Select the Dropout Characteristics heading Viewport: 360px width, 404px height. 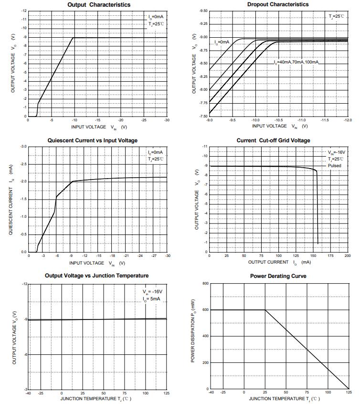tap(278, 5)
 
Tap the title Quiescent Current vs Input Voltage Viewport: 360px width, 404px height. tap(93, 140)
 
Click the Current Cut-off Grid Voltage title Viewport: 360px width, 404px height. tap(273, 140)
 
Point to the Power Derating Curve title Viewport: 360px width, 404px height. tap(278, 276)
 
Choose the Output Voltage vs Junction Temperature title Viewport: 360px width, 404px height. tap(96, 276)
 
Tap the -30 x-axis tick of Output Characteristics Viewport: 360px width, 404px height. tap(167, 120)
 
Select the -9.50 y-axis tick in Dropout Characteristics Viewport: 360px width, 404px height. tap(203, 11)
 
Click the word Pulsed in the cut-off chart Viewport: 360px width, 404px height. tap(334, 166)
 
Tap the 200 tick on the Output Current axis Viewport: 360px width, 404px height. tap(348, 256)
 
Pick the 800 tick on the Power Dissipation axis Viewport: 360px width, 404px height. tap(205, 284)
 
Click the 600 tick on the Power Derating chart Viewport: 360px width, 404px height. tap(205, 310)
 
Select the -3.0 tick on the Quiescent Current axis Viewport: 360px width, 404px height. tap(23, 146)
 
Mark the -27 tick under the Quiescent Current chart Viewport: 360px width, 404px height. tap(154, 256)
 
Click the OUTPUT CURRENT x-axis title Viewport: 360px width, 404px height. tap(268, 262)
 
